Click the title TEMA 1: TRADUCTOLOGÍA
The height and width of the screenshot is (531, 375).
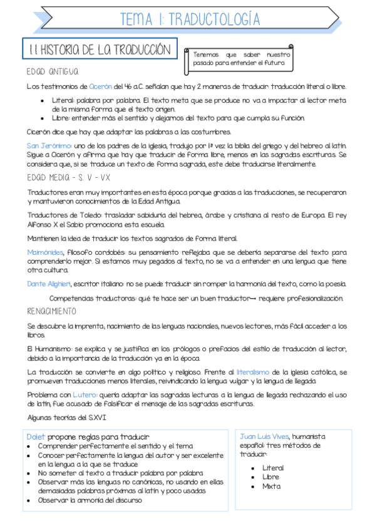[190, 19]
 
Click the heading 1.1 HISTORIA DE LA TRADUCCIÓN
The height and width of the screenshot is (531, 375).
[100, 48]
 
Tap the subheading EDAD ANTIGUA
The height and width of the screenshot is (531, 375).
[53, 71]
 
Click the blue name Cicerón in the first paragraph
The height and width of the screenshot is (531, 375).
[101, 86]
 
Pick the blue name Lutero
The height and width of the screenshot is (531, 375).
[85, 394]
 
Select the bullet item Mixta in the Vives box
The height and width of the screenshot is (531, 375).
[272, 486]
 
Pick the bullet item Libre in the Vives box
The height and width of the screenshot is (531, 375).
[271, 477]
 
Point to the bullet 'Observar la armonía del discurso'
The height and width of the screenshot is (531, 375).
[90, 500]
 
